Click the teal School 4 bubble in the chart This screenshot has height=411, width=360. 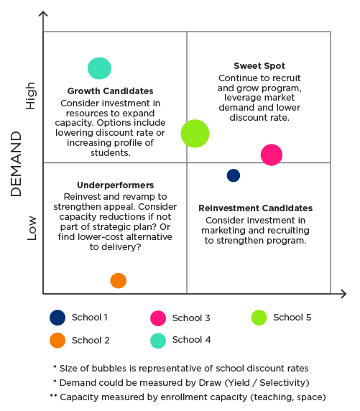coord(100,68)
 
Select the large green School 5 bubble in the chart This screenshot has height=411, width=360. coord(195,133)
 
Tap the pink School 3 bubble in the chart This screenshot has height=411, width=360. coord(271,154)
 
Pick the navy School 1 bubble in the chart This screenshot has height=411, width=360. coord(233,175)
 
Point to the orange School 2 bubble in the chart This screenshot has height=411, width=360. coord(119,281)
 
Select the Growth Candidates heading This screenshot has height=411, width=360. coord(110,91)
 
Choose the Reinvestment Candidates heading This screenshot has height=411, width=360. coord(255,208)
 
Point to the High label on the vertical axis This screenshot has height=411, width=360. coord(31,94)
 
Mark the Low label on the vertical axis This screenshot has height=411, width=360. coord(31,228)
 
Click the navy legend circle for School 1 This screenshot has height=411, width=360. coord(57,318)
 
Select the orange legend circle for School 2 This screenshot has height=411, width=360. coord(57,340)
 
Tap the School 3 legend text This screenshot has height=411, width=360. coord(191,318)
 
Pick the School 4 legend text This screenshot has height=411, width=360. coord(191,340)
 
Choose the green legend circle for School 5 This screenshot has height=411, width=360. coord(259,318)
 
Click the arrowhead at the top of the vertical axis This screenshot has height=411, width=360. coord(43,14)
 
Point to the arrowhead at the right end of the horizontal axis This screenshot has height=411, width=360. coord(343,294)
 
